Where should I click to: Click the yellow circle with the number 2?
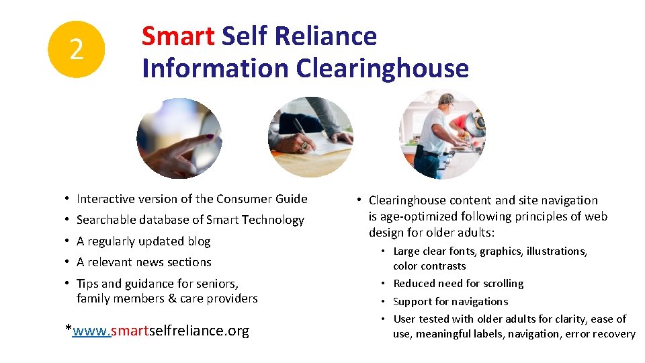[77, 49]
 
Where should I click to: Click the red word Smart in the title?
[177, 36]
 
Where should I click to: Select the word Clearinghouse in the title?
[382, 68]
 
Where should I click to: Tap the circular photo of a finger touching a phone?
[178, 138]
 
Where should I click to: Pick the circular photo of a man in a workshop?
[441, 134]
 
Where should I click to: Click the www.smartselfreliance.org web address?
[161, 330]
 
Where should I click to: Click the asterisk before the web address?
[69, 329]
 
